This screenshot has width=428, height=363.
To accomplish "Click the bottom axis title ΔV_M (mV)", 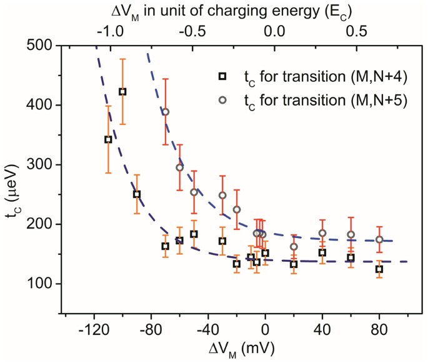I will pos(236,347).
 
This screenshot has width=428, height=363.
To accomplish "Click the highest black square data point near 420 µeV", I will pos(122,92).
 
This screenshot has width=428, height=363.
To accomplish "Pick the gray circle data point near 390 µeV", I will pos(166,112).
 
